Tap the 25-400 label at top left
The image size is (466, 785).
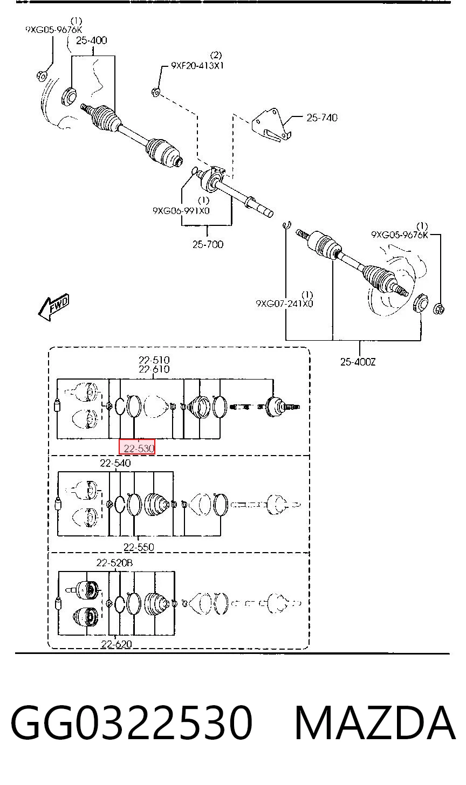(x=92, y=40)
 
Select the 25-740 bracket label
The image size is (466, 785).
(x=322, y=118)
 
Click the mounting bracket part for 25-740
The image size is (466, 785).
(x=271, y=126)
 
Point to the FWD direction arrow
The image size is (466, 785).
(x=54, y=306)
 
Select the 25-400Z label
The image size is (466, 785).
(x=358, y=361)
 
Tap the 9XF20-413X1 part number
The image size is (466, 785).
(x=197, y=66)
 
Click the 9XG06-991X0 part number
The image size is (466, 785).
(x=181, y=211)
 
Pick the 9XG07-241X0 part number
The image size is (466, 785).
(x=284, y=303)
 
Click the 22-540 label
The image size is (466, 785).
(x=115, y=463)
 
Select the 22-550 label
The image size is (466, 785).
(x=139, y=547)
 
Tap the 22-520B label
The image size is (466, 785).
(x=115, y=562)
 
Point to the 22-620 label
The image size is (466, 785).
(x=116, y=644)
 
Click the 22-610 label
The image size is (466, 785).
(x=154, y=369)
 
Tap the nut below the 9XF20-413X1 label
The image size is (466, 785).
(x=156, y=92)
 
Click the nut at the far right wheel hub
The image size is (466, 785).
(x=438, y=309)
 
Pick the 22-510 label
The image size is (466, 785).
(x=154, y=360)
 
